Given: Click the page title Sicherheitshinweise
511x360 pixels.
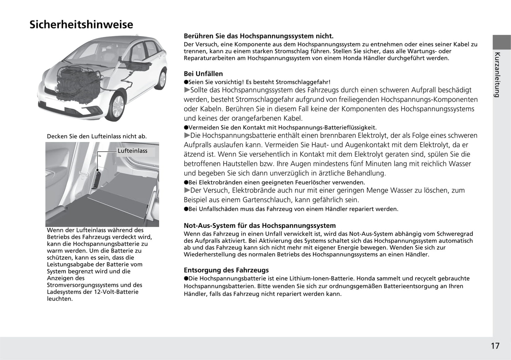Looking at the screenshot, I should click(x=81, y=25).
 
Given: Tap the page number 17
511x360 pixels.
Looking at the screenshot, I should click(x=495, y=346).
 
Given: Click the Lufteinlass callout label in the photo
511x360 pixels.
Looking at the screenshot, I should click(x=132, y=151).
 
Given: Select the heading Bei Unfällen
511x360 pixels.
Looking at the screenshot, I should click(x=203, y=74).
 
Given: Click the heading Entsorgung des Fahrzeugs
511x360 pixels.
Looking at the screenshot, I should click(x=226, y=270).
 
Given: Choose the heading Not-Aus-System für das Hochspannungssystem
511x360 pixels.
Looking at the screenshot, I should click(x=260, y=226).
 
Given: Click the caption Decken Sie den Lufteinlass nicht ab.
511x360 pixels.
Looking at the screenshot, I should click(x=97, y=136).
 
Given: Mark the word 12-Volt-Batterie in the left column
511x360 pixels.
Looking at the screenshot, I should click(x=116, y=292).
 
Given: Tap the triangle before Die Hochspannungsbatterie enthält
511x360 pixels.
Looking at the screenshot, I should click(x=187, y=136).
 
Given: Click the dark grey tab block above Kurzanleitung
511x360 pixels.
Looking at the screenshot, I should click(x=501, y=42).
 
